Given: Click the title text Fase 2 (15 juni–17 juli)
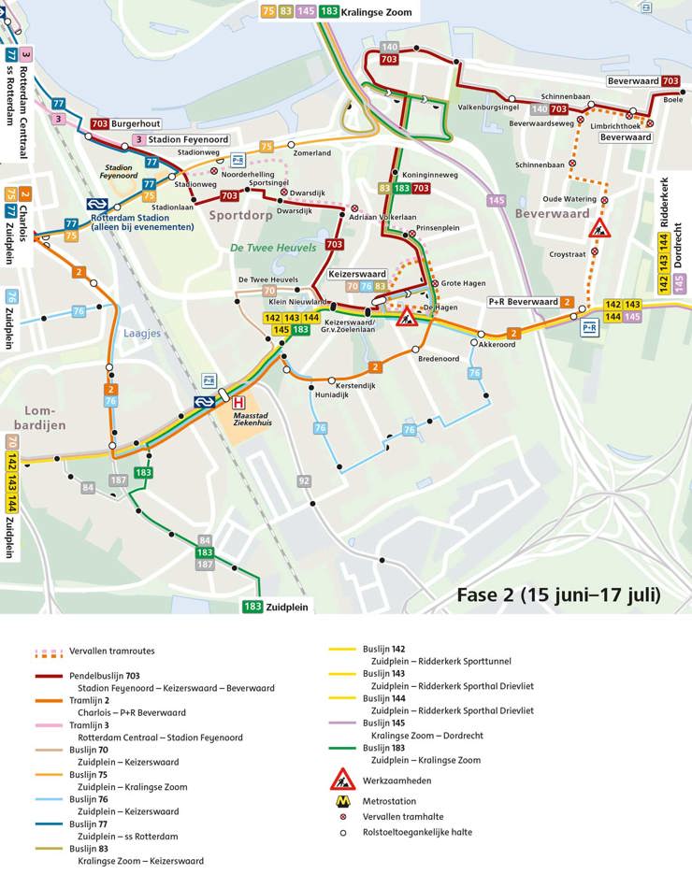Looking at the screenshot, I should (558, 594).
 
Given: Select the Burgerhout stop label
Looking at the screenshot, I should (137, 123).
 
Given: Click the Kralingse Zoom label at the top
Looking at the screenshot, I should (378, 11).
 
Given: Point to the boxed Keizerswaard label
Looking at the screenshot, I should (357, 274).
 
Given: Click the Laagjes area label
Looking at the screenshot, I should (143, 333).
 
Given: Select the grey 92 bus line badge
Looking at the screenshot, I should (304, 481).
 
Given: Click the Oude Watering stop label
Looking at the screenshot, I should (569, 198).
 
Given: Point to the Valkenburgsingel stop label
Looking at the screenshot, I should (487, 107).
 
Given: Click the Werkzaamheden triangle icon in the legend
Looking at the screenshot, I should (342, 779).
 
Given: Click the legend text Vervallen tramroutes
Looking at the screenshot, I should (111, 651).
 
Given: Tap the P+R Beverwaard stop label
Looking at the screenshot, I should (523, 302).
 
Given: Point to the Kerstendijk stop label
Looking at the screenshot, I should (355, 385).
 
